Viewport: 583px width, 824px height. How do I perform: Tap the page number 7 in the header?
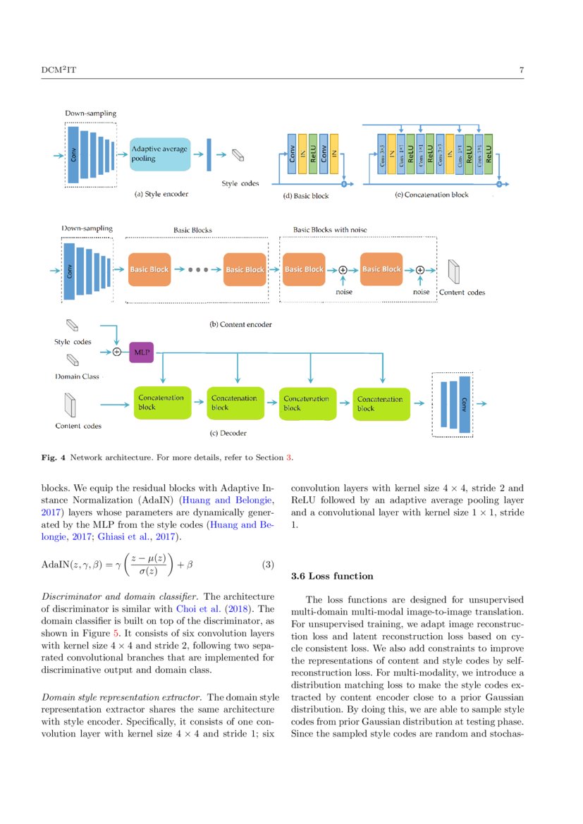point(521,70)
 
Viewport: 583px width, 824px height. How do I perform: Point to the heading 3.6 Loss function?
point(332,576)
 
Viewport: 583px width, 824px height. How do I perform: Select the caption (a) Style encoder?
point(161,194)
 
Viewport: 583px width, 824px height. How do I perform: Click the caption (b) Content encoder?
point(240,324)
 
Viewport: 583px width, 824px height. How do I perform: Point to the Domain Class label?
point(77,376)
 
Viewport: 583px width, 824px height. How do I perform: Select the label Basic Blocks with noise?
point(330,230)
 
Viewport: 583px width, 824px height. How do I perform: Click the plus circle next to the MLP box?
point(117,351)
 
